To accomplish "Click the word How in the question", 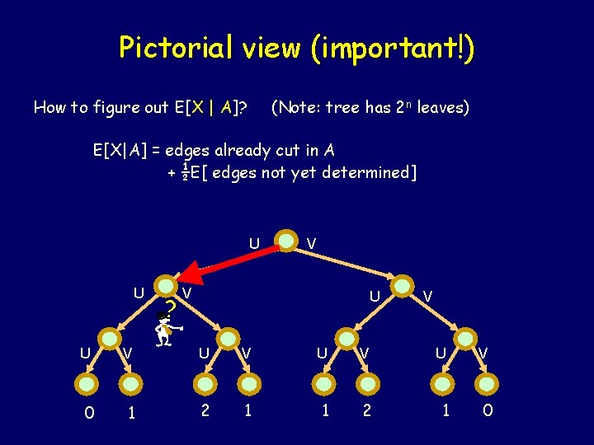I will (47, 107).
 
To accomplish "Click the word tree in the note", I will (342, 107).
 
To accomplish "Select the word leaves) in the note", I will (442, 107).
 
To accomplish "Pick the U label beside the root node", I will (255, 243).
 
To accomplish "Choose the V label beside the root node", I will (311, 243).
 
